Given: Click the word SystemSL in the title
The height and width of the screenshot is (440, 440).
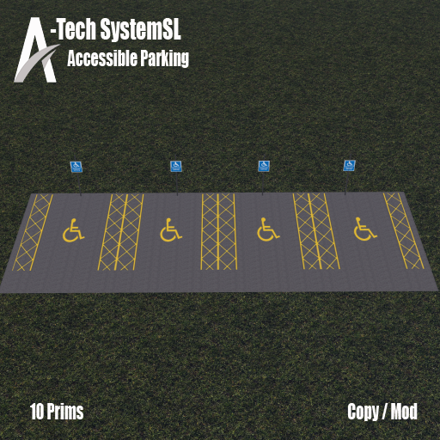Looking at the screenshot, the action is pyautogui.click(x=141, y=29).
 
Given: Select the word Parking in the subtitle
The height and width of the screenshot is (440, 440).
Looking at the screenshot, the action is pyautogui.click(x=164, y=58).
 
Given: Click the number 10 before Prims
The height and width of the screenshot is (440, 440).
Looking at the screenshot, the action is pyautogui.click(x=36, y=412).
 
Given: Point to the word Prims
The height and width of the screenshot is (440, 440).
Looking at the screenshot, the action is pyautogui.click(x=64, y=412).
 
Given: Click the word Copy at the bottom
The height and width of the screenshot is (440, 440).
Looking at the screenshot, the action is pyautogui.click(x=364, y=412).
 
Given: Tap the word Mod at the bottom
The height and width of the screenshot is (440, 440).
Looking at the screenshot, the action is pyautogui.click(x=404, y=412).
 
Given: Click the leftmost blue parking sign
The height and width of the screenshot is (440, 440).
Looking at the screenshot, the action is pyautogui.click(x=76, y=167).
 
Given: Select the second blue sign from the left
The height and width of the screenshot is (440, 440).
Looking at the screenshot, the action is pyautogui.click(x=176, y=166).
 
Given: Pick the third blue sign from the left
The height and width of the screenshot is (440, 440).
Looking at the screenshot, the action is pyautogui.click(x=264, y=166).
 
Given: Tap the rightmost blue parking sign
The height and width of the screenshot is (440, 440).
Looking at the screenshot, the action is pyautogui.click(x=350, y=166).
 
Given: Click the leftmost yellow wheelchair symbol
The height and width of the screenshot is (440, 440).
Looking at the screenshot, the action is pyautogui.click(x=73, y=230).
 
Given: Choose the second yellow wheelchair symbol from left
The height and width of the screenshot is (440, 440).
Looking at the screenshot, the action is pyautogui.click(x=171, y=229).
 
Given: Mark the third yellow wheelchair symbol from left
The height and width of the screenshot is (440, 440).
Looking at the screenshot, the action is pyautogui.click(x=268, y=229).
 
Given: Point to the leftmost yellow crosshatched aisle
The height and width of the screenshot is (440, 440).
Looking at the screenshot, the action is pyautogui.click(x=33, y=232).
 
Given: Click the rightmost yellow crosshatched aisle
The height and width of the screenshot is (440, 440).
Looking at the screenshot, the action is pyautogui.click(x=403, y=230).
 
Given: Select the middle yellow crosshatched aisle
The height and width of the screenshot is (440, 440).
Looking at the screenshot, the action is pyautogui.click(x=218, y=231).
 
